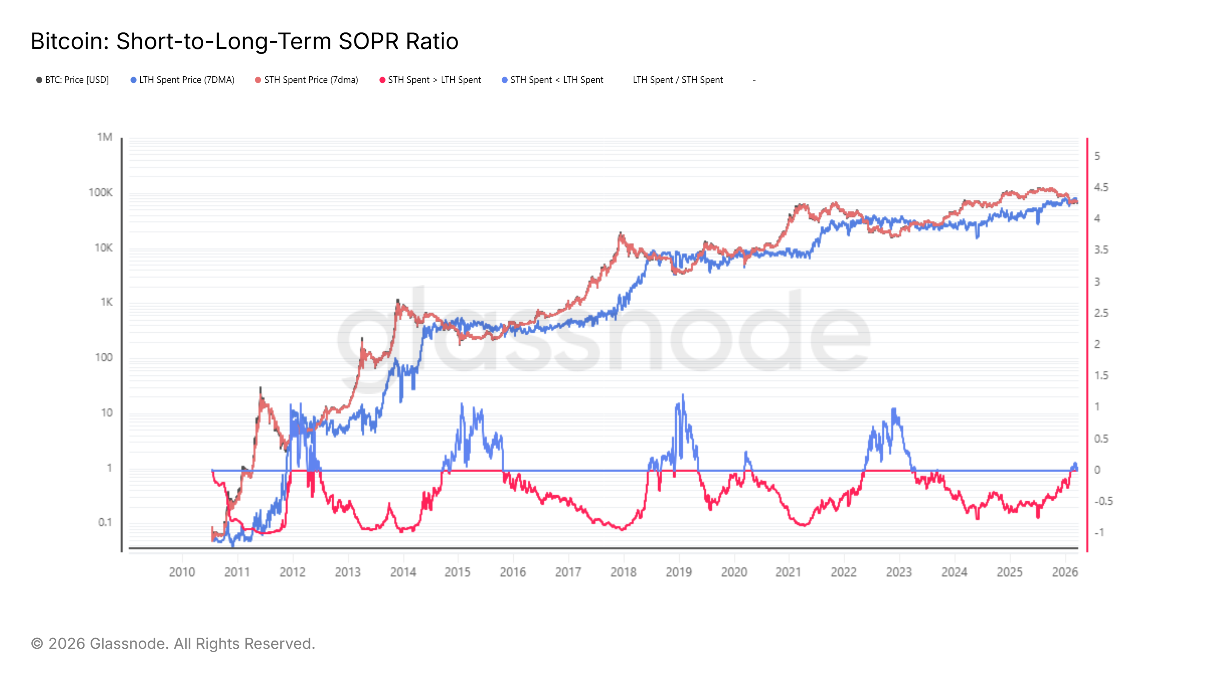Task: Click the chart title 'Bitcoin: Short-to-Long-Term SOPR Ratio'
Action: click(x=244, y=41)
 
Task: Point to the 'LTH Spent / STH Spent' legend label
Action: click(x=677, y=80)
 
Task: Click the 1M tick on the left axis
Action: click(x=104, y=137)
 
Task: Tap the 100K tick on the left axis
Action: click(x=101, y=193)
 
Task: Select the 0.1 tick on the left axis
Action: click(x=105, y=522)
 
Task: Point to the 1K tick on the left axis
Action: click(x=106, y=302)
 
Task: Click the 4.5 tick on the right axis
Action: click(x=1101, y=187)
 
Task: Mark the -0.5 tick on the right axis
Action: click(x=1103, y=501)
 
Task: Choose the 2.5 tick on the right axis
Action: click(x=1101, y=313)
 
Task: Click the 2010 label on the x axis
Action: click(x=182, y=572)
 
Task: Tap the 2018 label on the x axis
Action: click(x=623, y=572)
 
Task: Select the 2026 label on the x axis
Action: click(x=1064, y=572)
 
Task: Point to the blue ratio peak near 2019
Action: click(x=683, y=396)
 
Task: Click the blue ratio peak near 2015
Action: click(x=462, y=404)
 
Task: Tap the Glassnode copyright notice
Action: click(x=173, y=644)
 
